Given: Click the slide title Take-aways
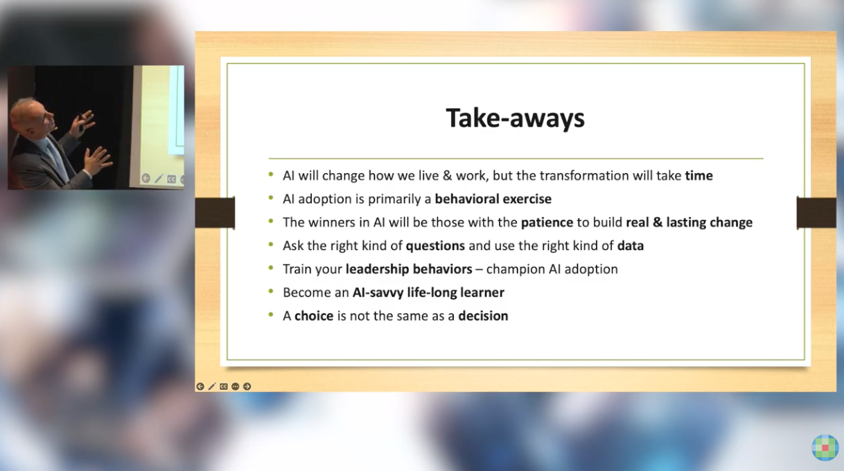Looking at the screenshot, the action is click(515, 118).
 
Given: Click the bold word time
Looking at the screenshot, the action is click(699, 176).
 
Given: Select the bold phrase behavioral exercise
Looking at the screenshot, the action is click(493, 199).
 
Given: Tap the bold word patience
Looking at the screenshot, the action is click(547, 222).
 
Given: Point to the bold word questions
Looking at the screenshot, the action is click(435, 246).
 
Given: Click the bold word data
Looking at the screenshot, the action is click(631, 246).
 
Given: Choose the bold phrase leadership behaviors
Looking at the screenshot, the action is click(409, 269).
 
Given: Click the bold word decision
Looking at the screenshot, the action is click(483, 316).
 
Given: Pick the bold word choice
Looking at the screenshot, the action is click(314, 316).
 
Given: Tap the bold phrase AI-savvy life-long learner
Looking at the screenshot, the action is click(428, 292).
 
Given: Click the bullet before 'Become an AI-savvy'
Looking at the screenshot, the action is click(271, 291).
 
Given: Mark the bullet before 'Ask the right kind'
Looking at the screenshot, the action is click(271, 245).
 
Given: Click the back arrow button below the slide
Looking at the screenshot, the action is click(200, 386).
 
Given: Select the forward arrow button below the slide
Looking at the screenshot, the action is click(247, 386).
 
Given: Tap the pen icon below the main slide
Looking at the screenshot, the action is click(212, 386).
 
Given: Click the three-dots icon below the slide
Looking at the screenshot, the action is click(235, 386).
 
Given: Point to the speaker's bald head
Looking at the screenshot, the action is click(28, 114).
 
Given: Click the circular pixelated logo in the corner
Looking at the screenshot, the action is click(825, 447).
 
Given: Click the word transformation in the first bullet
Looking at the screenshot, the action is click(583, 176).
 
